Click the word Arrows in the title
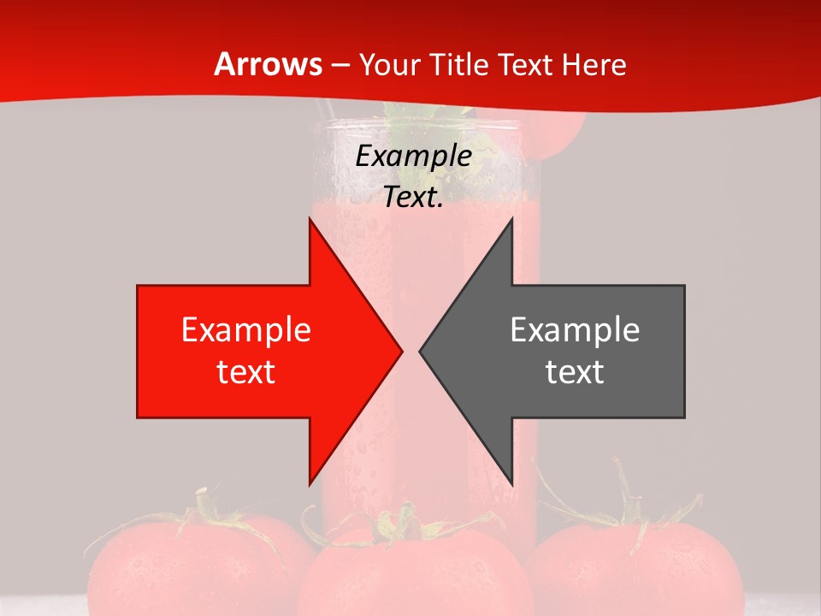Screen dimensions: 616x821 (x=268, y=64)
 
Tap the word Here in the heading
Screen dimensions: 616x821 (x=594, y=64)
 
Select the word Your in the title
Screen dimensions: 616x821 (x=389, y=64)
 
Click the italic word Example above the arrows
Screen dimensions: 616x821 (x=414, y=157)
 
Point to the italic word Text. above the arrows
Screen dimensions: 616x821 (x=413, y=198)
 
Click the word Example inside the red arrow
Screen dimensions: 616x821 (x=246, y=329)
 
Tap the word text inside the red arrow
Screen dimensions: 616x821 (x=246, y=371)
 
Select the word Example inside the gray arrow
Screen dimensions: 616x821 (x=575, y=329)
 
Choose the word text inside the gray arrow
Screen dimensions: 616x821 (x=575, y=371)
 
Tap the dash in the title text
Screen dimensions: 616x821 (x=340, y=66)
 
